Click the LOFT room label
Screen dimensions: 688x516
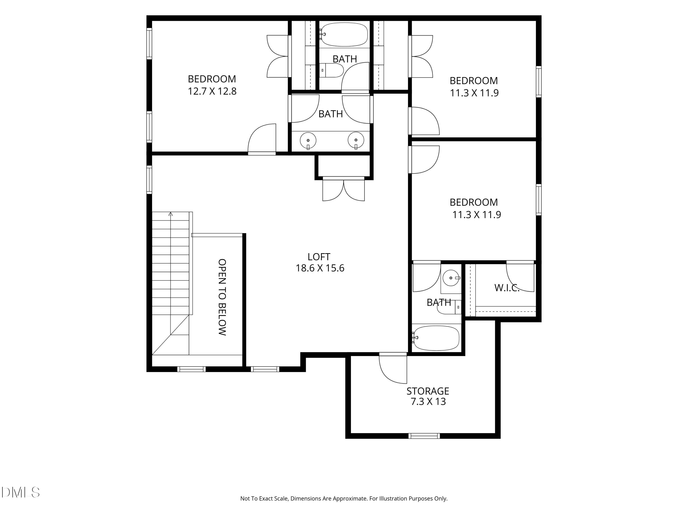tap(319, 257)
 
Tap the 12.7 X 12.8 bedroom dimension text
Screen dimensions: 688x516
tap(212, 91)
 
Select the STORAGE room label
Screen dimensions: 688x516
tap(428, 391)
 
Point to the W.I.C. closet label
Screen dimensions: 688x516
tap(507, 288)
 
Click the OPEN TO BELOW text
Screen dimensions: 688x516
tap(222, 297)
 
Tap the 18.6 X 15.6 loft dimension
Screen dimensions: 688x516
tap(320, 268)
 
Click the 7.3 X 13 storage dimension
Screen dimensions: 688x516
tap(428, 402)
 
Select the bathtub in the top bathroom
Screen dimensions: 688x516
tap(344, 34)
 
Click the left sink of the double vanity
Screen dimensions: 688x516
tap(308, 141)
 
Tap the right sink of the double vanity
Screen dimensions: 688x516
tap(356, 141)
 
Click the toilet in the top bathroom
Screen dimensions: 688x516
tap(331, 71)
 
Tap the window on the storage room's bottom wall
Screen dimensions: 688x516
tap(424, 436)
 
